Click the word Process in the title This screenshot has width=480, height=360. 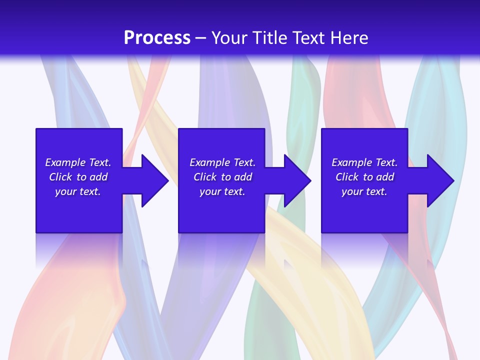(157, 38)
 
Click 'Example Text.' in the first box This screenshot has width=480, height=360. (78, 162)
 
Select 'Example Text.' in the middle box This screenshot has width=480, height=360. (222, 162)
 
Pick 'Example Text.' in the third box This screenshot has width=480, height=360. (364, 162)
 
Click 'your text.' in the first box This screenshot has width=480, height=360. (78, 191)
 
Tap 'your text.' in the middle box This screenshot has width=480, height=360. (222, 191)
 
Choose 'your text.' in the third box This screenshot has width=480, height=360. (364, 191)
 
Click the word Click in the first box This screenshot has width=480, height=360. (60, 177)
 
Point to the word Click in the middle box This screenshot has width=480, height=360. (205, 177)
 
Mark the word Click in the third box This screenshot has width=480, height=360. (347, 177)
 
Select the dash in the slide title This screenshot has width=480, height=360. (200, 38)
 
